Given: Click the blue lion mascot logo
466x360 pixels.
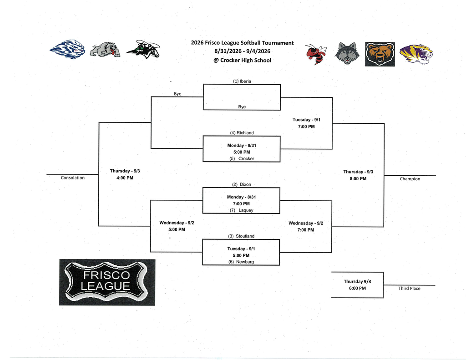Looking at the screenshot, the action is point(67,49).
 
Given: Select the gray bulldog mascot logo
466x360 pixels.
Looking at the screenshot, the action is point(106,50).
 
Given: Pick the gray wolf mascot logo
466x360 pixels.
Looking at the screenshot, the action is point(347,54).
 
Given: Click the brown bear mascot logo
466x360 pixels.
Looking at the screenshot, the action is point(380,54).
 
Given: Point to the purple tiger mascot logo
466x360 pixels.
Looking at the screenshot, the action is point(416,54).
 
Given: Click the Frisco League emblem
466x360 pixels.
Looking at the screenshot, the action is point(107,282).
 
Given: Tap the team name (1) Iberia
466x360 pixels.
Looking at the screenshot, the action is point(242,81).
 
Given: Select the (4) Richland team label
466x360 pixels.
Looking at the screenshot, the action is point(242,132).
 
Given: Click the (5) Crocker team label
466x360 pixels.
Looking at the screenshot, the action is point(242,158).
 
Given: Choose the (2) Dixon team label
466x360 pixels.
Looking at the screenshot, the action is point(241,184).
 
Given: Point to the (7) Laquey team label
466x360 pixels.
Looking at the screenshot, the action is point(241,210).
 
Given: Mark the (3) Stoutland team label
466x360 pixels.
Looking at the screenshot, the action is point(241,236).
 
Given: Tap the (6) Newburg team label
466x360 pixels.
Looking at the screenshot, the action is point(241,262).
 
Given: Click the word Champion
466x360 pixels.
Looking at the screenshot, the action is point(410,179).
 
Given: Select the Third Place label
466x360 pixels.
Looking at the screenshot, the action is point(409,289).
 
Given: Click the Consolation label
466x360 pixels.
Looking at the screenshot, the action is point(73,178).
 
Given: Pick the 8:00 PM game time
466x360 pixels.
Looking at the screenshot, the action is point(358,179).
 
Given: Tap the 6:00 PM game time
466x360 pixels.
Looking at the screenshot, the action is point(358,288).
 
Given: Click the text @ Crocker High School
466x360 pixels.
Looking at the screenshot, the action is point(242,60).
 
